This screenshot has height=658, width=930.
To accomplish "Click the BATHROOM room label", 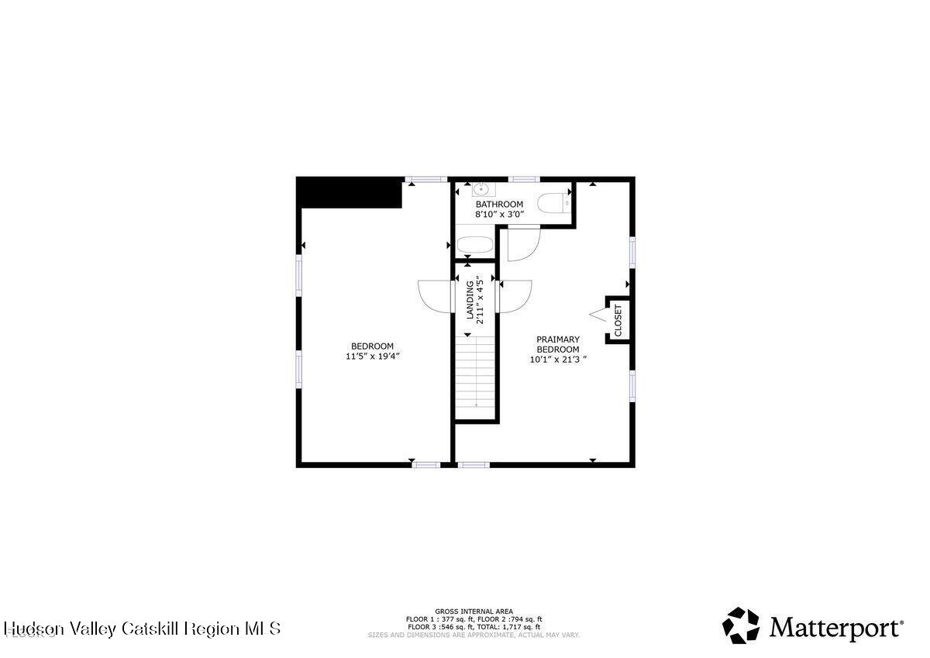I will pos(499,205).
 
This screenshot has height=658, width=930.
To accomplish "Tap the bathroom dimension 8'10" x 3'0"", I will pos(499,214).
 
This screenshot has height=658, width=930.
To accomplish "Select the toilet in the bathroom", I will pos(553,204).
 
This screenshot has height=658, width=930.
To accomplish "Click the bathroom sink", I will pos(480,188).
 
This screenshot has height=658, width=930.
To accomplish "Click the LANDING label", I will pos(470,300).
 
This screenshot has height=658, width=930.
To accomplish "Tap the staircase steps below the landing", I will pos(476,372).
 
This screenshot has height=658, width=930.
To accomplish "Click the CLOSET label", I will pos(618,319).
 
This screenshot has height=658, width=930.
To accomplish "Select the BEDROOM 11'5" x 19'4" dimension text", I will pos(372,357).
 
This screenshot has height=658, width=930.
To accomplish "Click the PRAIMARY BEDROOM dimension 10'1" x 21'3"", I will pos(558,359).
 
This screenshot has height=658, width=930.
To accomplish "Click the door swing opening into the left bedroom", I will pos(434,295).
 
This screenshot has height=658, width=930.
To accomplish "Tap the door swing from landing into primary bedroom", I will pos(516,296).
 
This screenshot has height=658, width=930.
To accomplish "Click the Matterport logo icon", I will pos(742,625).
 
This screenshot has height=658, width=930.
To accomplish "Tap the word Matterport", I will pos(835,627).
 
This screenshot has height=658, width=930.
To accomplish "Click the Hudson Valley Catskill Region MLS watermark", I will pos(142,628).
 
